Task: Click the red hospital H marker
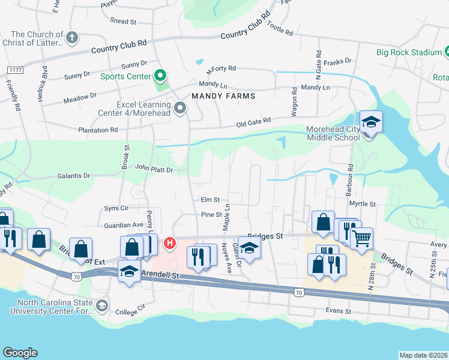(x=170, y=243)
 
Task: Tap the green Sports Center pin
(x=160, y=76)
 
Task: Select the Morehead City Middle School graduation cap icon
(x=371, y=122)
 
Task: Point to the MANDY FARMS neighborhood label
(x=223, y=96)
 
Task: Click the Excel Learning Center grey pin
(x=181, y=109)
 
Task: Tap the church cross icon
(x=72, y=38)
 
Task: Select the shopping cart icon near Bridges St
(x=361, y=238)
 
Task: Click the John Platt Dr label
(x=154, y=169)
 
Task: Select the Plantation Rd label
(x=97, y=130)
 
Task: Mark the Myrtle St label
(x=362, y=204)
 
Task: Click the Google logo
(x=20, y=352)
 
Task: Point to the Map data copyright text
(x=424, y=355)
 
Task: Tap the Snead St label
(x=124, y=21)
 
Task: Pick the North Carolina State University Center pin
(x=101, y=307)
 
